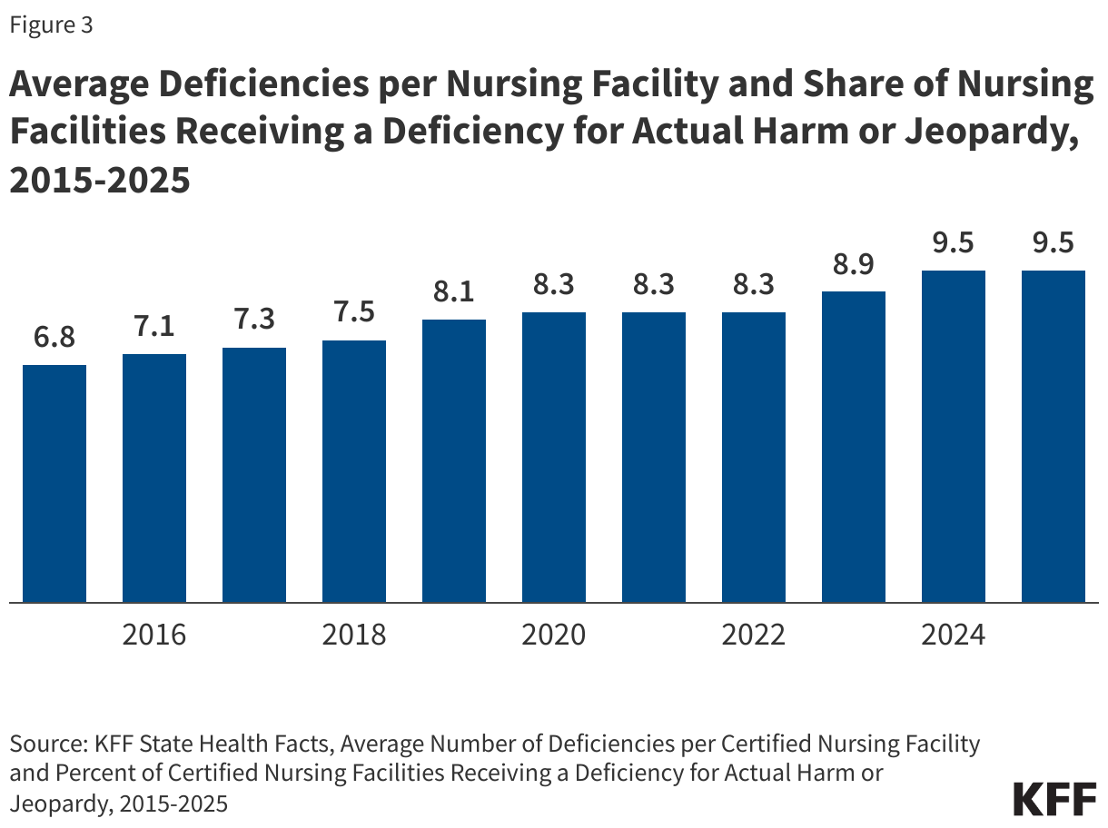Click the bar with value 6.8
(x=54, y=483)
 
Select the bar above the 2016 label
(x=154, y=478)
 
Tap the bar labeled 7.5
(x=354, y=471)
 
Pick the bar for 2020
(x=554, y=457)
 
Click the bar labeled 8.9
(x=854, y=447)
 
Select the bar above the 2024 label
(x=954, y=436)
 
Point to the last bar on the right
(x=1054, y=436)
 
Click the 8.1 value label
(x=454, y=292)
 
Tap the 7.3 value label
(x=254, y=320)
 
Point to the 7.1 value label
(x=154, y=327)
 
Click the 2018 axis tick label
(x=354, y=634)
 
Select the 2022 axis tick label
(x=754, y=634)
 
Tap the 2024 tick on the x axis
(x=954, y=634)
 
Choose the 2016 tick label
(x=154, y=634)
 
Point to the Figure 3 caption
(x=51, y=25)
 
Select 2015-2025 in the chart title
(x=100, y=180)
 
